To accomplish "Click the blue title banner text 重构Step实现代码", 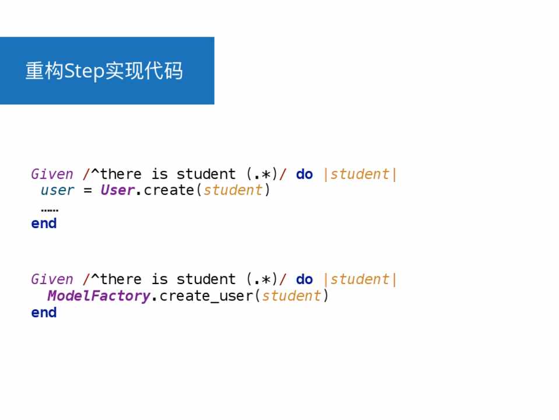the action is click(104, 71).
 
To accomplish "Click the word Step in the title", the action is click(84, 71).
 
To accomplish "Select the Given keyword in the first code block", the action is click(52, 174).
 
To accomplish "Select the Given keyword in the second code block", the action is click(52, 279).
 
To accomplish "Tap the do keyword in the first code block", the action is click(304, 174).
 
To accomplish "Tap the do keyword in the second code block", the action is click(304, 279).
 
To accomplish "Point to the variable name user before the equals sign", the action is click(57, 190).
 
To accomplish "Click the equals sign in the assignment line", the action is click(87, 191).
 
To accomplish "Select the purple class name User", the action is click(118, 190).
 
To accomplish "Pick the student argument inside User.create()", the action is click(233, 190).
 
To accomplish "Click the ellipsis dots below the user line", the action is click(50, 210).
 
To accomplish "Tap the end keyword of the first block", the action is click(44, 223).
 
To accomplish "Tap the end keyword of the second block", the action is click(44, 313).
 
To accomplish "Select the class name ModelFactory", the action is click(99, 296).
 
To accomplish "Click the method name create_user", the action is click(206, 296).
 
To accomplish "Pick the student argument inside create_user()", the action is click(291, 296).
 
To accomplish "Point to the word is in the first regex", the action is click(159, 174).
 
